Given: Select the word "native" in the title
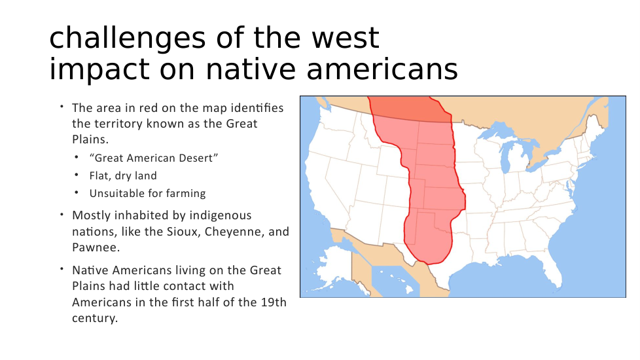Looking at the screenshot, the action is point(251,69).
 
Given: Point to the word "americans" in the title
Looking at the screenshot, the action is point(382,69).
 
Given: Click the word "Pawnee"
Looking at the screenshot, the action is point(96,247).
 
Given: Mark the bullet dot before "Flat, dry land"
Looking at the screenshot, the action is point(77,174).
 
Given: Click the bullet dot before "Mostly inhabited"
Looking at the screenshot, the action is point(62,214).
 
